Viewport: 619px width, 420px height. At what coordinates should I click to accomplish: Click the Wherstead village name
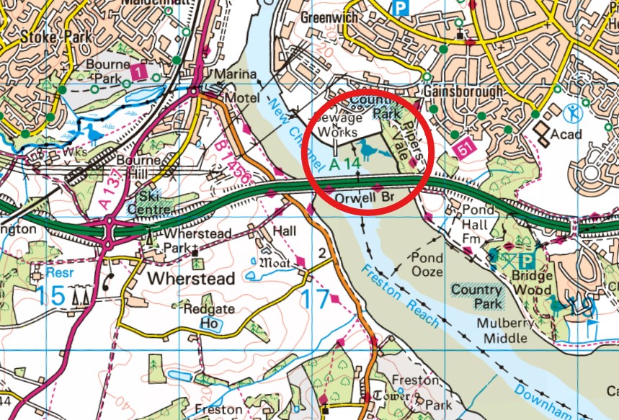pyautogui.click(x=190, y=278)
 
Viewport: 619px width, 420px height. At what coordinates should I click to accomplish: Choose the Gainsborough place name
pyautogui.click(x=463, y=92)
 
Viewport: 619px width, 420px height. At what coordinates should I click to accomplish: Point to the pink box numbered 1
pyautogui.click(x=138, y=72)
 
